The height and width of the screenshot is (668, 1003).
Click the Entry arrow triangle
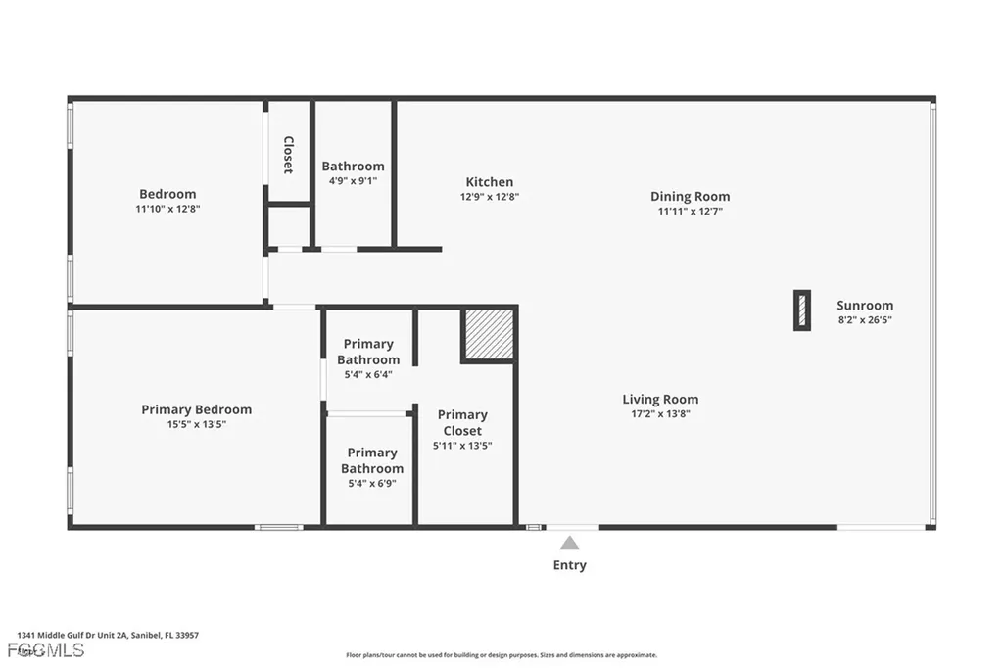click(x=569, y=543)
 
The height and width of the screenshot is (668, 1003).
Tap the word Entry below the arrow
click(x=569, y=565)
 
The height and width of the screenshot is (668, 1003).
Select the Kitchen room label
click(x=489, y=182)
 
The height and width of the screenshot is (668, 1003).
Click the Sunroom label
click(x=864, y=305)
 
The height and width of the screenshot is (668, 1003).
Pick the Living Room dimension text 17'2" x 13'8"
click(x=660, y=413)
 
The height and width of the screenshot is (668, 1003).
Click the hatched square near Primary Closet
click(x=489, y=334)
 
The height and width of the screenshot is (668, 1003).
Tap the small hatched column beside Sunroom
click(x=801, y=310)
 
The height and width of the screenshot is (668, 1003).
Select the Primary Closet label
click(x=461, y=422)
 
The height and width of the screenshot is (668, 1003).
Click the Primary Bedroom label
click(x=196, y=409)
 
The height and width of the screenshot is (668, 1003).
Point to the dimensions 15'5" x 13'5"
click(x=196, y=424)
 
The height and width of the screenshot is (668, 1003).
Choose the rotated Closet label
click(x=288, y=155)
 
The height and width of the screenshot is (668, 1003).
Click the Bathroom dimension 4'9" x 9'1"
click(x=353, y=180)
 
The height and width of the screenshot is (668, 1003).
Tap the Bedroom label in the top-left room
click(x=167, y=194)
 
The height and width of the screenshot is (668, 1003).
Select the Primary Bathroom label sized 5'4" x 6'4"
click(x=368, y=352)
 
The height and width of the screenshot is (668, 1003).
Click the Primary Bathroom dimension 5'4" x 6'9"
click(x=371, y=483)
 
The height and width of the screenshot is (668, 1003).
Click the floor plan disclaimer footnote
click(x=501, y=655)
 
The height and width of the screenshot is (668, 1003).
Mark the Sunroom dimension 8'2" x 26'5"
click(x=864, y=319)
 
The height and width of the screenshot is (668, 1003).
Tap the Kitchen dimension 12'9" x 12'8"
click(x=489, y=197)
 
